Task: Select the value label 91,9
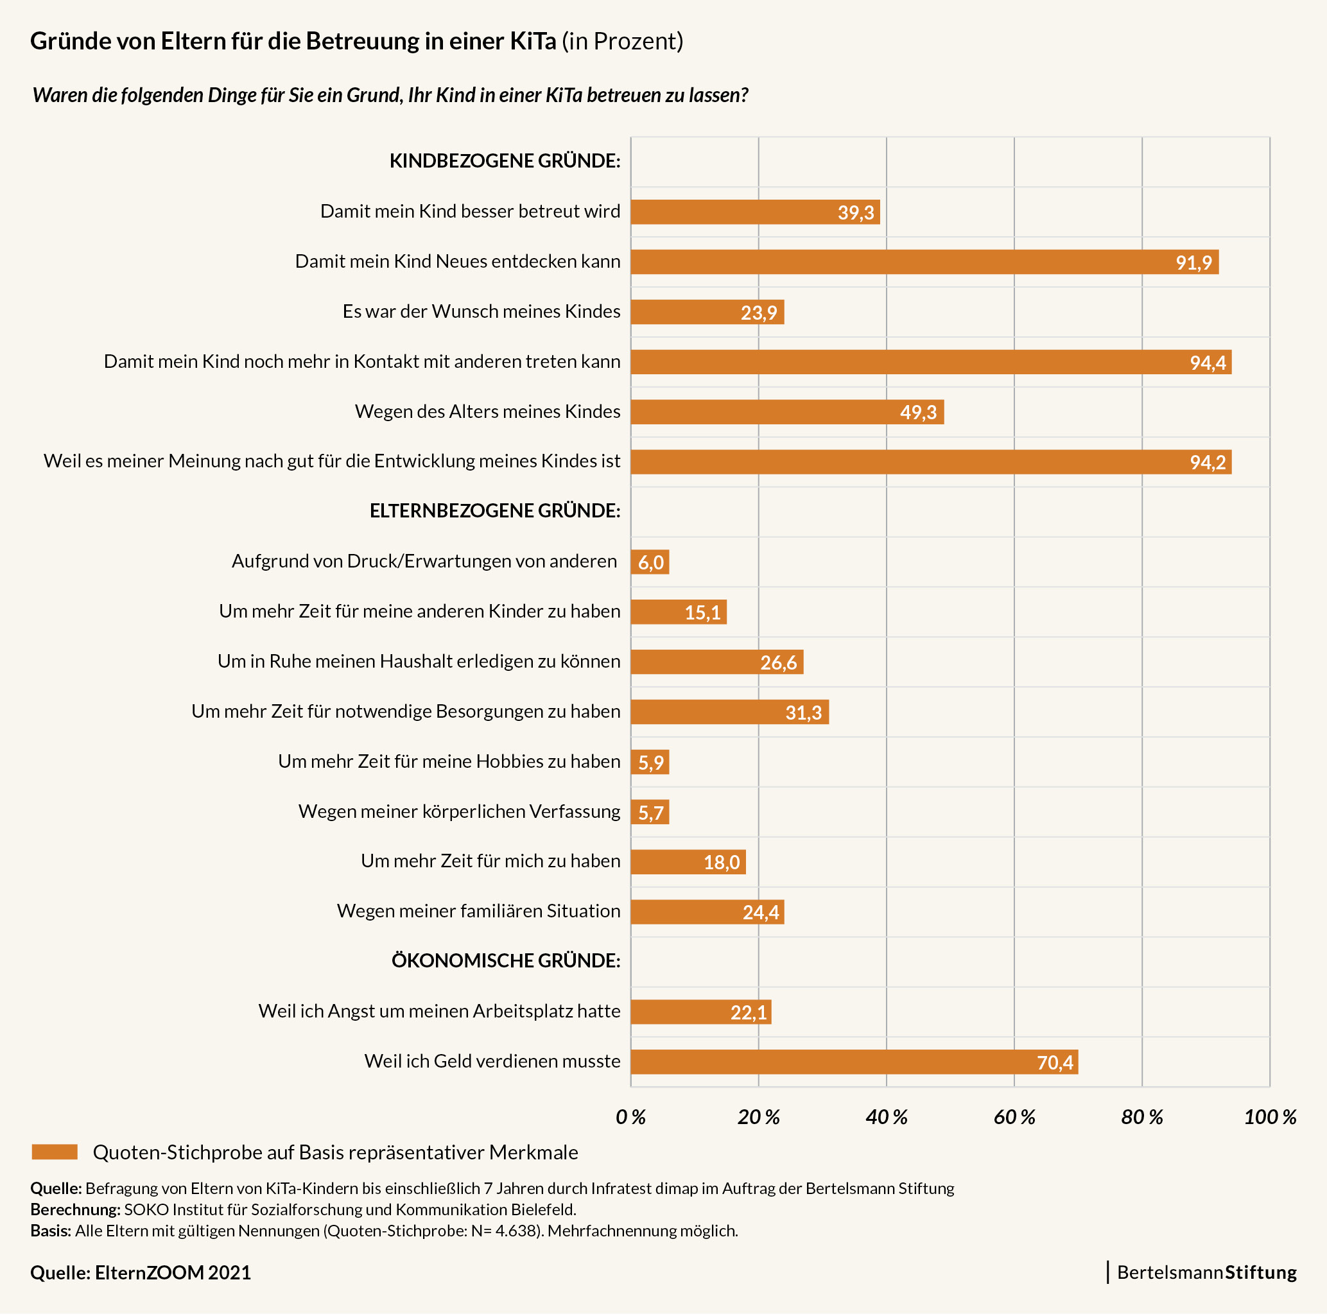point(1193,263)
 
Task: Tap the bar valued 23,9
point(707,313)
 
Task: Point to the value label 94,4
point(1208,363)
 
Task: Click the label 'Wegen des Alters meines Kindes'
point(487,411)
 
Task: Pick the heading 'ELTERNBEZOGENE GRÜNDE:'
point(494,511)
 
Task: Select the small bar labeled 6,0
point(649,562)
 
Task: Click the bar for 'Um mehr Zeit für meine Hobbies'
point(649,763)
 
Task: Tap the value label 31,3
point(803,713)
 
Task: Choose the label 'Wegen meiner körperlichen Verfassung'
point(459,812)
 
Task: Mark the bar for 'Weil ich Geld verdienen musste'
point(854,1062)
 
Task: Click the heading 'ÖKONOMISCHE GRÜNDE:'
point(505,961)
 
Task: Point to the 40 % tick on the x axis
point(886,1118)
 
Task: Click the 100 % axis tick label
point(1269,1118)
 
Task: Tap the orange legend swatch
point(55,1152)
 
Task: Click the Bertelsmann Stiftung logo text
point(1206,1273)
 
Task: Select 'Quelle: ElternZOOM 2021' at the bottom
point(141,1274)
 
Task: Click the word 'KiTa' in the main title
point(532,41)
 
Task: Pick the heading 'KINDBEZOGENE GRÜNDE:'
point(504,160)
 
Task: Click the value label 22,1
point(748,1013)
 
